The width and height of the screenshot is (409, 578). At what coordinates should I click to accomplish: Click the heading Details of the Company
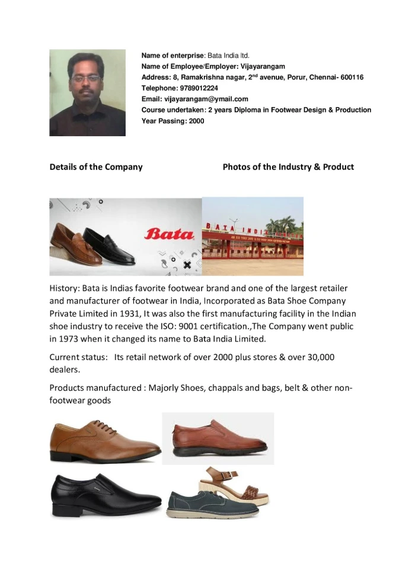96,167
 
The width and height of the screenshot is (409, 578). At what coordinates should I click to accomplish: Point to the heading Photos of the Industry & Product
288,167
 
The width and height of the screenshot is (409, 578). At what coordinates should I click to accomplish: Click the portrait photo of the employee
87,93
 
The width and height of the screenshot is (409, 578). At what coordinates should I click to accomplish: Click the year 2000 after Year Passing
196,121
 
